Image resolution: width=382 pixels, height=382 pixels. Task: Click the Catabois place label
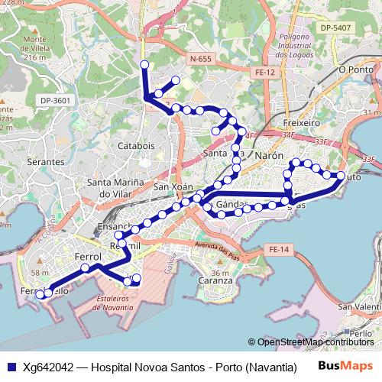click(x=137, y=144)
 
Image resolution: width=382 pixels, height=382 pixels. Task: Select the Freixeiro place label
click(x=300, y=122)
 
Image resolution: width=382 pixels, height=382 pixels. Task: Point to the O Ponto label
click(x=354, y=69)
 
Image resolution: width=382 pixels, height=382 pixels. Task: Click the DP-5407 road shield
click(x=335, y=28)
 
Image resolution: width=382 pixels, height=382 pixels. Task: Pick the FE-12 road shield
click(x=265, y=72)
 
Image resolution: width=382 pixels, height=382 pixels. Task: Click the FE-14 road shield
click(x=279, y=250)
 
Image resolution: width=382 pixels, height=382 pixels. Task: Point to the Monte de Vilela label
click(x=35, y=48)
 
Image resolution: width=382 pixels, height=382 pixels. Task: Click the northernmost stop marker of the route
click(x=144, y=64)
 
